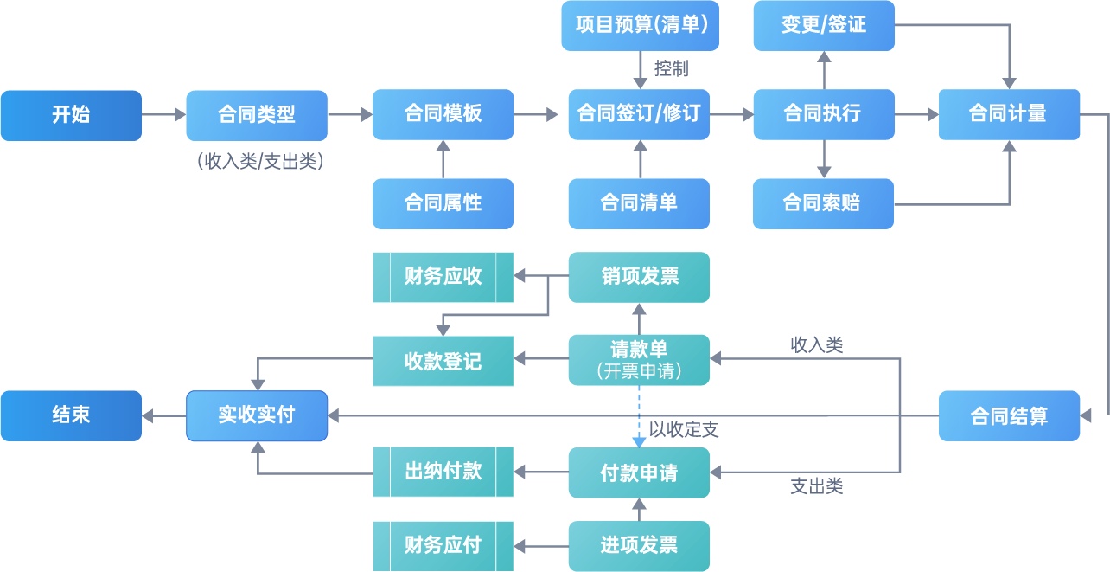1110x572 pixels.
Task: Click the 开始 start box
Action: pos(71,114)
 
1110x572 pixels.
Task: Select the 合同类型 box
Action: pos(257,114)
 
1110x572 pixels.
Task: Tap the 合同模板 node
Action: pos(443,114)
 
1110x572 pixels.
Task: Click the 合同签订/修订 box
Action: pos(638,114)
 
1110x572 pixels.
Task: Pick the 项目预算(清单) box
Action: pos(640,25)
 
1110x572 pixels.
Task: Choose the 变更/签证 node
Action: pos(823,25)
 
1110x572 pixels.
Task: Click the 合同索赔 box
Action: pos(823,203)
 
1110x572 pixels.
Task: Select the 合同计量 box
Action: pos(1009,114)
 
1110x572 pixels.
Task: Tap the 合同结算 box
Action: pos(1009,416)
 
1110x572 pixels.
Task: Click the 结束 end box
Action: pos(71,415)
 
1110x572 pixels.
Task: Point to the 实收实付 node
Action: pos(257,415)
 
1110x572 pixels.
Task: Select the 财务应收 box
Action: pos(443,277)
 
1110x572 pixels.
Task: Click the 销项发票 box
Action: pos(638,277)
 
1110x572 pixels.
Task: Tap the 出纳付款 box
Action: pos(443,472)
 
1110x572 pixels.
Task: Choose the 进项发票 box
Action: pos(638,545)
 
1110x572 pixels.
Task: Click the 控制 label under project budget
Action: pos(671,67)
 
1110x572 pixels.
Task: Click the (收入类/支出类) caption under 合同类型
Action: pos(260,161)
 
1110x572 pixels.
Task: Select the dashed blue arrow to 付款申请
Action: pos(639,415)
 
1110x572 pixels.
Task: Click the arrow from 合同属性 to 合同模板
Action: pos(443,159)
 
